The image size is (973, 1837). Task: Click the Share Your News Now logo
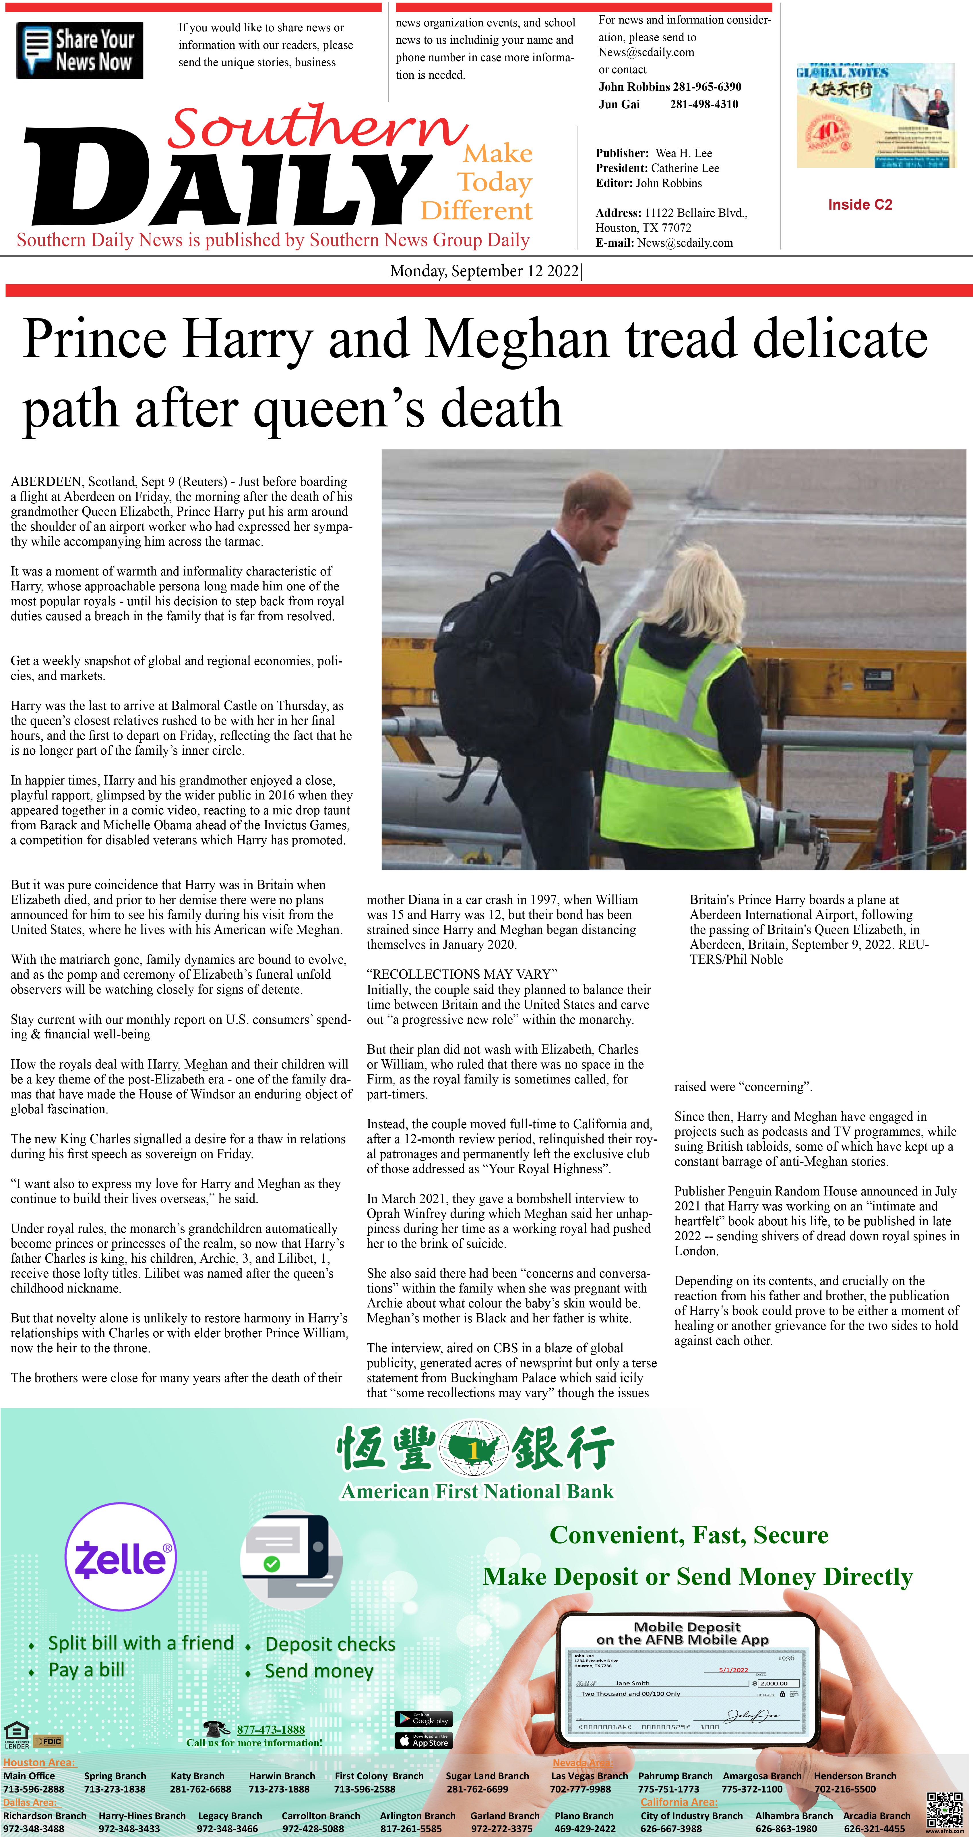[80, 50]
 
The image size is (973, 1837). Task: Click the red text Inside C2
[860, 205]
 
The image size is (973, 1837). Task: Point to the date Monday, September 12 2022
[485, 271]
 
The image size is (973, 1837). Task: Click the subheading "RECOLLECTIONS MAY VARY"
[462, 974]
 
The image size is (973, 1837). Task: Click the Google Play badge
[423, 1719]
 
